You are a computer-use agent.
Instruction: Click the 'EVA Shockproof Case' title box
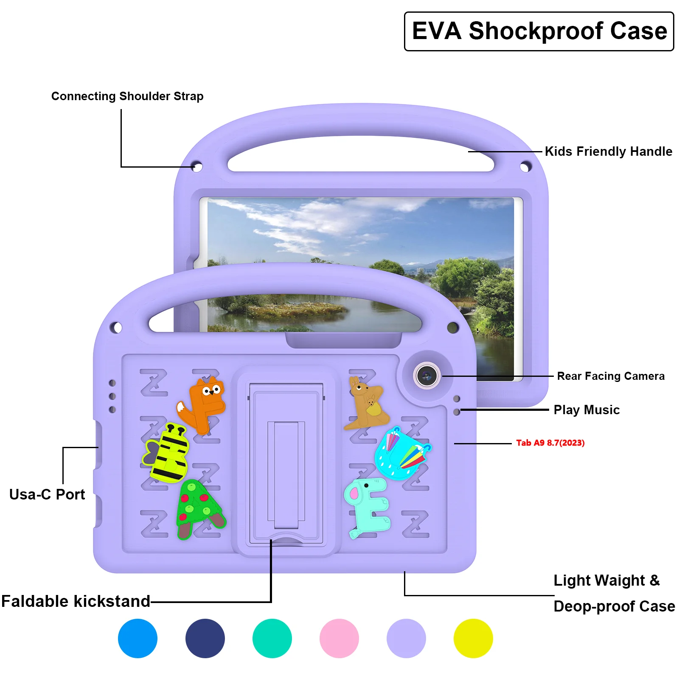point(539,31)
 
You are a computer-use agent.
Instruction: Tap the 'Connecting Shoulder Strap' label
point(127,96)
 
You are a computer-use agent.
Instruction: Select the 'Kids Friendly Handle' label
point(608,152)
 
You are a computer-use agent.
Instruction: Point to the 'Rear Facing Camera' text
point(610,376)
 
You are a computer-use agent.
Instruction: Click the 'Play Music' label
point(586,410)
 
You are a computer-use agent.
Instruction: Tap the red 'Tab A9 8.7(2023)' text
point(550,443)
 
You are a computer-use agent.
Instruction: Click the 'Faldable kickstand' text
point(76,601)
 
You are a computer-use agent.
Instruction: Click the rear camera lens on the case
point(426,376)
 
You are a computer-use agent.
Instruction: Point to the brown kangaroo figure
point(366,403)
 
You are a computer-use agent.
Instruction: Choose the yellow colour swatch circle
point(473,638)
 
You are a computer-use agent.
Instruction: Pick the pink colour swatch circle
point(339,638)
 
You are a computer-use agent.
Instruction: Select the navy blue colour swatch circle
point(205,638)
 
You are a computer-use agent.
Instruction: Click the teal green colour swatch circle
point(272,638)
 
